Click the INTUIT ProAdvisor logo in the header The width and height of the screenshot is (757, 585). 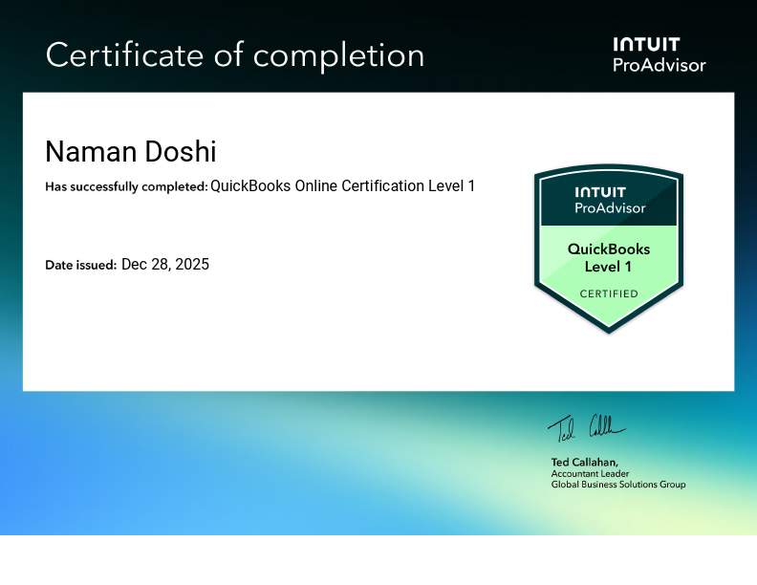(659, 54)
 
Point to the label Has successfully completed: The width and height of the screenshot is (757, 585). (126, 187)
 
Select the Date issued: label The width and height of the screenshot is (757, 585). (80, 265)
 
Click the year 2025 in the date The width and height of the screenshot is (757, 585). (192, 265)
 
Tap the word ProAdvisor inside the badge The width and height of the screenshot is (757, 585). (609, 207)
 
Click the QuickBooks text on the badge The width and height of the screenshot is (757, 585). (609, 249)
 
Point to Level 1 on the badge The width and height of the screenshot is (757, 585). (609, 267)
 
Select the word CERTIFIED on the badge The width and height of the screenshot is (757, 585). (609, 293)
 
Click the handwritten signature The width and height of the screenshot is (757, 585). (586, 427)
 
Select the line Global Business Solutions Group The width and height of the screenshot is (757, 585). (618, 485)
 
